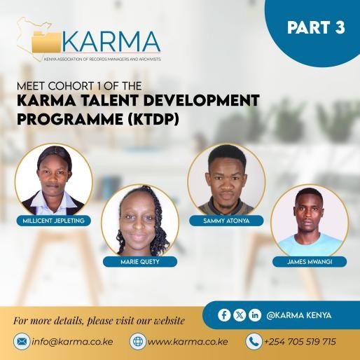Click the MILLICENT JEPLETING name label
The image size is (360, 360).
[54, 220]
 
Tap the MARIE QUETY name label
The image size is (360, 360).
[140, 262]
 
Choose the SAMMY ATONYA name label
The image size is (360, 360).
[226, 221]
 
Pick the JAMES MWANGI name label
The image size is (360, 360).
[309, 261]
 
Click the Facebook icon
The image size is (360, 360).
[224, 315]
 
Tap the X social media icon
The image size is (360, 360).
[240, 315]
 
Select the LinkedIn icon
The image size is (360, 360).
[255, 315]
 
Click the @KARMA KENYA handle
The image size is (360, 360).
[299, 315]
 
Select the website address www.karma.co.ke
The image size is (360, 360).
[188, 342]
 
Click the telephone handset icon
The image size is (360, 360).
[254, 342]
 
